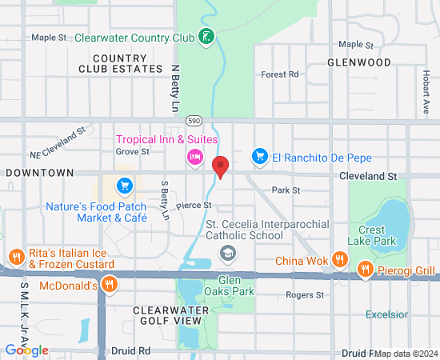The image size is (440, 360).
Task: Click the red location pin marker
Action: pos(221,166)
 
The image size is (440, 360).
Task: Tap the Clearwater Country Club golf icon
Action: pos(206,37)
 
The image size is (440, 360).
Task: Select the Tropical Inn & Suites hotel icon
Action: pos(194,156)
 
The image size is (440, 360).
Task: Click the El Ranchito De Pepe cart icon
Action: pos(259,156)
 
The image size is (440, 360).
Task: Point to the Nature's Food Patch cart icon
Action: pos(124,186)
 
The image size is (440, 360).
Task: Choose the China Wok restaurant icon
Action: pos(340,259)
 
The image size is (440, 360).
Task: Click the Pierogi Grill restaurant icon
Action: pos(366,270)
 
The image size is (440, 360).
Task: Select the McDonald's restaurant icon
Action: pos(110,284)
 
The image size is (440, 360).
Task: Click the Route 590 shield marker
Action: pos(193,119)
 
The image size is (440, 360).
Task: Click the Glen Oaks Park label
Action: pos(237,286)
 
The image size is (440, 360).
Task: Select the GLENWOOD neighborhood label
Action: pos(359,62)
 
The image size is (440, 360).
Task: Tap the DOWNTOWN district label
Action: pos(39,172)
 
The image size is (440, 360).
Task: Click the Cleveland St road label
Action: pos(368,174)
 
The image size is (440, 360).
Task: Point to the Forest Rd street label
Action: pos(279,74)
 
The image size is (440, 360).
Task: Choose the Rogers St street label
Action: pos(305,295)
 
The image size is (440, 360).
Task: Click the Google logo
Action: pos(27,350)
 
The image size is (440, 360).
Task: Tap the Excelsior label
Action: pos(386,314)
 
